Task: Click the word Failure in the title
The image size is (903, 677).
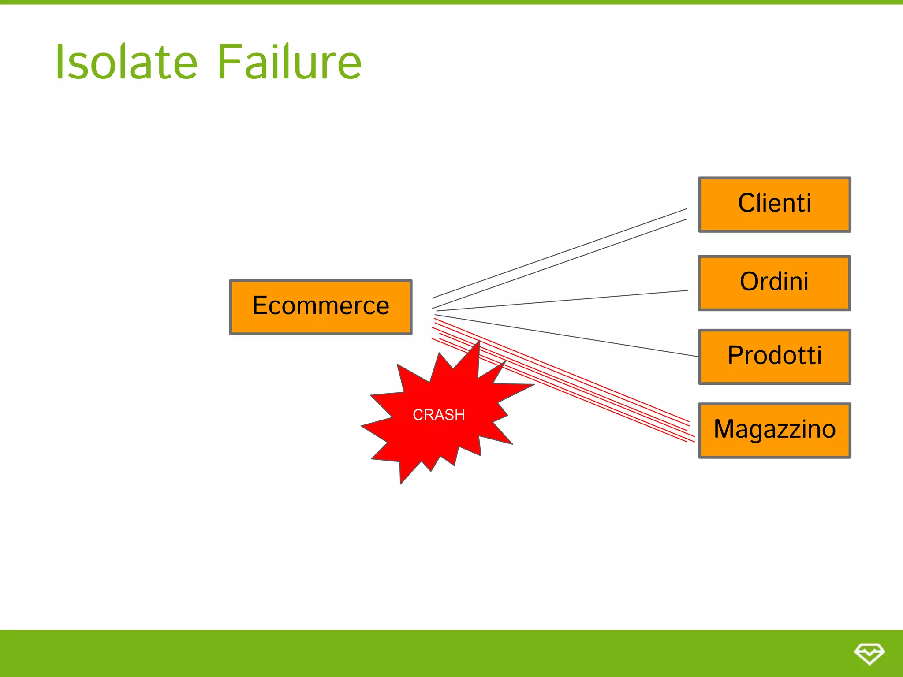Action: point(289,62)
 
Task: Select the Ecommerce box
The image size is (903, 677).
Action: point(321,307)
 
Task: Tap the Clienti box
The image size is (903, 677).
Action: point(774,204)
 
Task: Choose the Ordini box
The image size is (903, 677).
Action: point(774,283)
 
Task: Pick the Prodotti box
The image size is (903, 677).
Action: point(774,356)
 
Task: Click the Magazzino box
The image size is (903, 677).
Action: point(774,430)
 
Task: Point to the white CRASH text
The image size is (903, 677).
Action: point(439,415)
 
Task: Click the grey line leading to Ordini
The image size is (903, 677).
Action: point(562,301)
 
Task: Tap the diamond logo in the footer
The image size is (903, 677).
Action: point(869,653)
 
